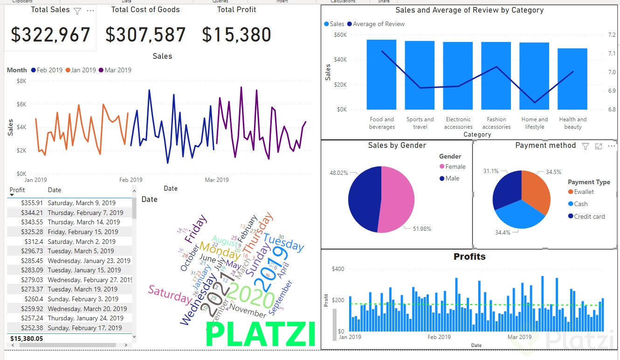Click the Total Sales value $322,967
[x=50, y=35]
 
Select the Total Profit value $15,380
[x=237, y=35]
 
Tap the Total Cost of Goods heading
[x=145, y=10]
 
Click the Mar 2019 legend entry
[x=117, y=70]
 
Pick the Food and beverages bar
[x=381, y=75]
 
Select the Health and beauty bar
[x=572, y=79]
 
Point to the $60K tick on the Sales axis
[x=340, y=35]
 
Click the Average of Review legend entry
[x=379, y=24]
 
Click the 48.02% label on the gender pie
[x=339, y=173]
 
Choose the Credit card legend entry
[x=589, y=216]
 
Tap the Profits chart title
[x=469, y=257]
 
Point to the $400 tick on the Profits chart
[x=338, y=269]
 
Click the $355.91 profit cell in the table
[x=32, y=203]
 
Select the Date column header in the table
[x=55, y=190]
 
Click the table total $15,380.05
[x=27, y=339]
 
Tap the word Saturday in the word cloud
[x=170, y=295]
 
